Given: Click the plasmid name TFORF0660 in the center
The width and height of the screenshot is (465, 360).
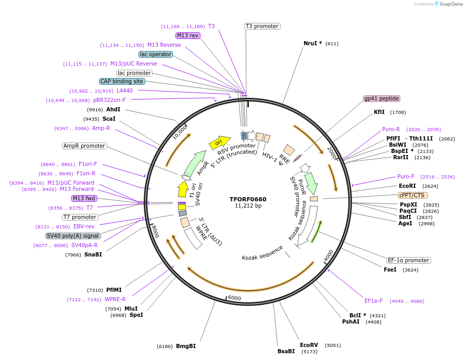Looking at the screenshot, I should (x=248, y=199).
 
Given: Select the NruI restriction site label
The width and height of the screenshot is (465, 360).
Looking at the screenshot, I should (x=312, y=44).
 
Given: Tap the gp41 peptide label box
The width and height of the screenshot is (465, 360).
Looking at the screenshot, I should (x=382, y=98).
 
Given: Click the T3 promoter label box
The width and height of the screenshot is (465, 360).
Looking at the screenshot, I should (x=262, y=26).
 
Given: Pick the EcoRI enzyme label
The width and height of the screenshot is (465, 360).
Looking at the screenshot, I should (x=407, y=186).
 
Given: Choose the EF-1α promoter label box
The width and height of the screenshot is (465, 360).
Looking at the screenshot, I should (x=409, y=260).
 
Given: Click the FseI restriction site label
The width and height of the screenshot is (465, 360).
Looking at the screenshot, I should (x=390, y=269).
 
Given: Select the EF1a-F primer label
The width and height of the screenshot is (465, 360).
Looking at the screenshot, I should (x=373, y=301).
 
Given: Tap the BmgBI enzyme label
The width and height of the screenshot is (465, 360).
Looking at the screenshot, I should (x=186, y=346).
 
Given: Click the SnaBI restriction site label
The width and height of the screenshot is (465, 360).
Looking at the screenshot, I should (x=93, y=254).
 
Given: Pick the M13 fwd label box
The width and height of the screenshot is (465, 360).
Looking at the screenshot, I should (x=84, y=198).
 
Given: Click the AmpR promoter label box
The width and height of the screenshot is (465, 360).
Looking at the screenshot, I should (x=84, y=146).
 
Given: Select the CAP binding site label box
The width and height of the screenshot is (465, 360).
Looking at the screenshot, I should (x=122, y=81).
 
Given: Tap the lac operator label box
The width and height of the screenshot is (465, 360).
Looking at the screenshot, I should (x=155, y=54).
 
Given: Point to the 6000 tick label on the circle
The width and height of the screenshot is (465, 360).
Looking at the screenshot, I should (x=234, y=298).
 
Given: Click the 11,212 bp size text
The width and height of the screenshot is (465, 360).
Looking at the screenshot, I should (x=248, y=206).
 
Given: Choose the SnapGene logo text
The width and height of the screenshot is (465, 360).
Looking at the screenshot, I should (x=451, y=4).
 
